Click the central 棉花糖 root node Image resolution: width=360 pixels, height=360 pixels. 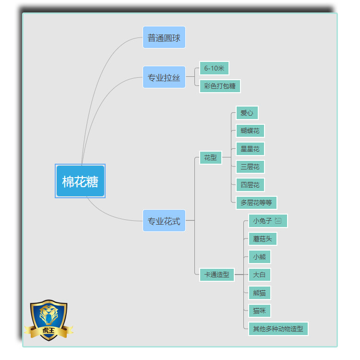(80, 181)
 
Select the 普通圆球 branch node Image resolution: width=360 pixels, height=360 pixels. (164, 37)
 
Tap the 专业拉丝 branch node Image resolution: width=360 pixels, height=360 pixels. (164, 77)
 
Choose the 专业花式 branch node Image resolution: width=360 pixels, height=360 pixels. (164, 221)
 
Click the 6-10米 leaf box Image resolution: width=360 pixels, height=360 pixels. (214, 68)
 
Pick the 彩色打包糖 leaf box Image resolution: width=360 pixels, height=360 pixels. (220, 86)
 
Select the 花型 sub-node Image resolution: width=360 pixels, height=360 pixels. (210, 157)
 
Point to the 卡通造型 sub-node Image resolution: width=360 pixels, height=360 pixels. (216, 275)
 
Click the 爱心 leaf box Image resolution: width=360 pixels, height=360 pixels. (247, 113)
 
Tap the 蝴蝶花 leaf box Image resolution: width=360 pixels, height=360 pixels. (250, 131)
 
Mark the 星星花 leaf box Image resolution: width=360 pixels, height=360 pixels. (250, 149)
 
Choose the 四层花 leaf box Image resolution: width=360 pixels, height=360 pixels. (250, 185)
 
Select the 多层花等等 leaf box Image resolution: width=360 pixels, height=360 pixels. (256, 203)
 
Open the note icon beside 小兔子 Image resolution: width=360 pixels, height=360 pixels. (278, 221)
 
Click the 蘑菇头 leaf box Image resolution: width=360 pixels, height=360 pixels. (262, 239)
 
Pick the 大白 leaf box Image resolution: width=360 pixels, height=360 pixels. (259, 275)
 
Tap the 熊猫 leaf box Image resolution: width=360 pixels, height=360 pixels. (259, 293)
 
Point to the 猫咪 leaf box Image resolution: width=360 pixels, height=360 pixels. (259, 311)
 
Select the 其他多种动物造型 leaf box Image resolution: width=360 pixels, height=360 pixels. (278, 329)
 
